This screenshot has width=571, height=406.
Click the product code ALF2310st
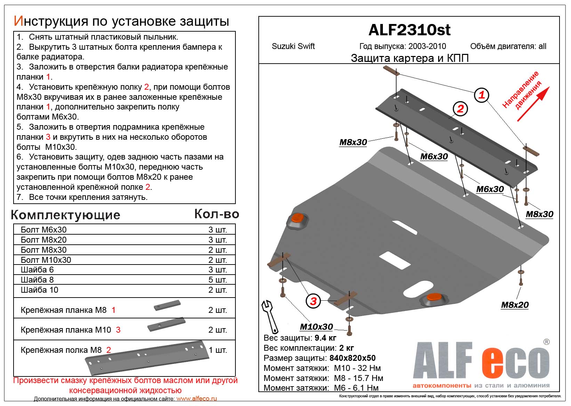(409, 30)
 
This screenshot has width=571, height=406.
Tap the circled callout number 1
(482, 95)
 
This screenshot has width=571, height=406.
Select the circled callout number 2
(460, 109)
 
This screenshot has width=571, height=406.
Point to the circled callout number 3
(313, 301)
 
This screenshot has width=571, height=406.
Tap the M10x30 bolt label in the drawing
(316, 327)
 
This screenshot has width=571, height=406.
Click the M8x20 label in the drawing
(515, 305)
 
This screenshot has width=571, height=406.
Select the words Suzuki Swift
(293, 46)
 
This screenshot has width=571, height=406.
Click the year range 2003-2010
(427, 46)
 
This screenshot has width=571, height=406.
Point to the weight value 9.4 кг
(325, 338)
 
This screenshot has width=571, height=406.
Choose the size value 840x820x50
(352, 358)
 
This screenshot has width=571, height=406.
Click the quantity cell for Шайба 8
(217, 280)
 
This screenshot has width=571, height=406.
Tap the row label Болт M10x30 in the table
(46, 260)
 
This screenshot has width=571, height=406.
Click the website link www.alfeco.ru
(196, 399)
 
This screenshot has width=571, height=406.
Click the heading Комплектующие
(66, 215)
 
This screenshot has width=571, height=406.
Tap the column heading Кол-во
(217, 214)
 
